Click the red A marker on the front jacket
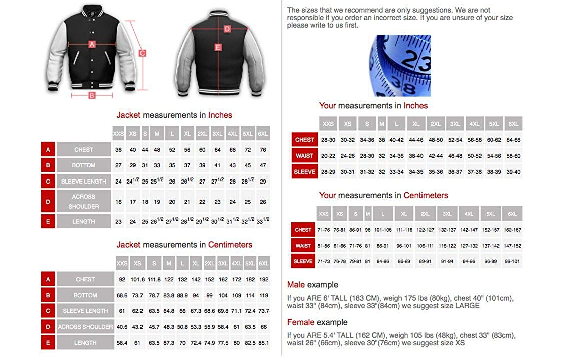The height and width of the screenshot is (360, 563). click(92, 44)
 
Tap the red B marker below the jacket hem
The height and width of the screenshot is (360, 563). click(92, 95)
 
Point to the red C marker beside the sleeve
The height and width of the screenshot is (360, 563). click(142, 53)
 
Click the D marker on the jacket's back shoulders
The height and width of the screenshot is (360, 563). click(227, 29)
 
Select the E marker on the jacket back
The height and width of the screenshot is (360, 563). click(218, 47)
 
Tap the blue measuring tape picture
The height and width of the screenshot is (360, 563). click(400, 65)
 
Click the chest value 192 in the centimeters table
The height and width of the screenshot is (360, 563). click(264, 279)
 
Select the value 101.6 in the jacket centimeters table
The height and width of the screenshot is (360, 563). click(137, 279)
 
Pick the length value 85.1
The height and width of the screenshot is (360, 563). click(264, 343)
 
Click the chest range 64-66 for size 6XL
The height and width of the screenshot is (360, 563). click(513, 140)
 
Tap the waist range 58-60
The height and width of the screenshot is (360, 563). click(513, 156)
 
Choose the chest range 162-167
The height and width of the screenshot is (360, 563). click(512, 230)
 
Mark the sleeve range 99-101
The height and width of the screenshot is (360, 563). click(512, 261)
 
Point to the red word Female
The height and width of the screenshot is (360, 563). click(301, 322)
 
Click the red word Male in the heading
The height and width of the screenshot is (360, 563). click(296, 285)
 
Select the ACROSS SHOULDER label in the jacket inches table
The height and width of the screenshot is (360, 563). click(84, 201)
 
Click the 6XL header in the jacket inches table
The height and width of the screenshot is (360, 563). click(263, 134)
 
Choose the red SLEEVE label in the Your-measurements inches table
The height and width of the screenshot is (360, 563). click(304, 172)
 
